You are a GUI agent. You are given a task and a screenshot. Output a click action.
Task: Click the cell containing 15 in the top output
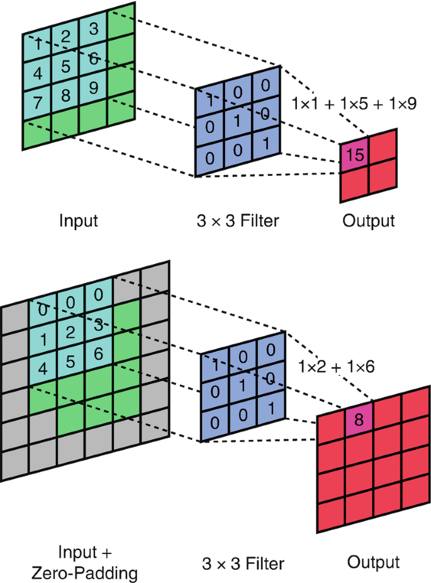355,155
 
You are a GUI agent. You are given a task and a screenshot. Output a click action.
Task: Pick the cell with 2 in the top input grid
65,37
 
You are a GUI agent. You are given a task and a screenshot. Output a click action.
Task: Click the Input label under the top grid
78,221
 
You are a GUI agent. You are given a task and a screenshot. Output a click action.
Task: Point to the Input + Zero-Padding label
86,562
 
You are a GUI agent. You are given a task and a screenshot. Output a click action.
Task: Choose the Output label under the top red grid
369,221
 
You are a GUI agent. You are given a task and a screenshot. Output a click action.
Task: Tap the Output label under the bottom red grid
374,560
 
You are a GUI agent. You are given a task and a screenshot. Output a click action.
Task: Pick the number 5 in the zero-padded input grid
70,362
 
